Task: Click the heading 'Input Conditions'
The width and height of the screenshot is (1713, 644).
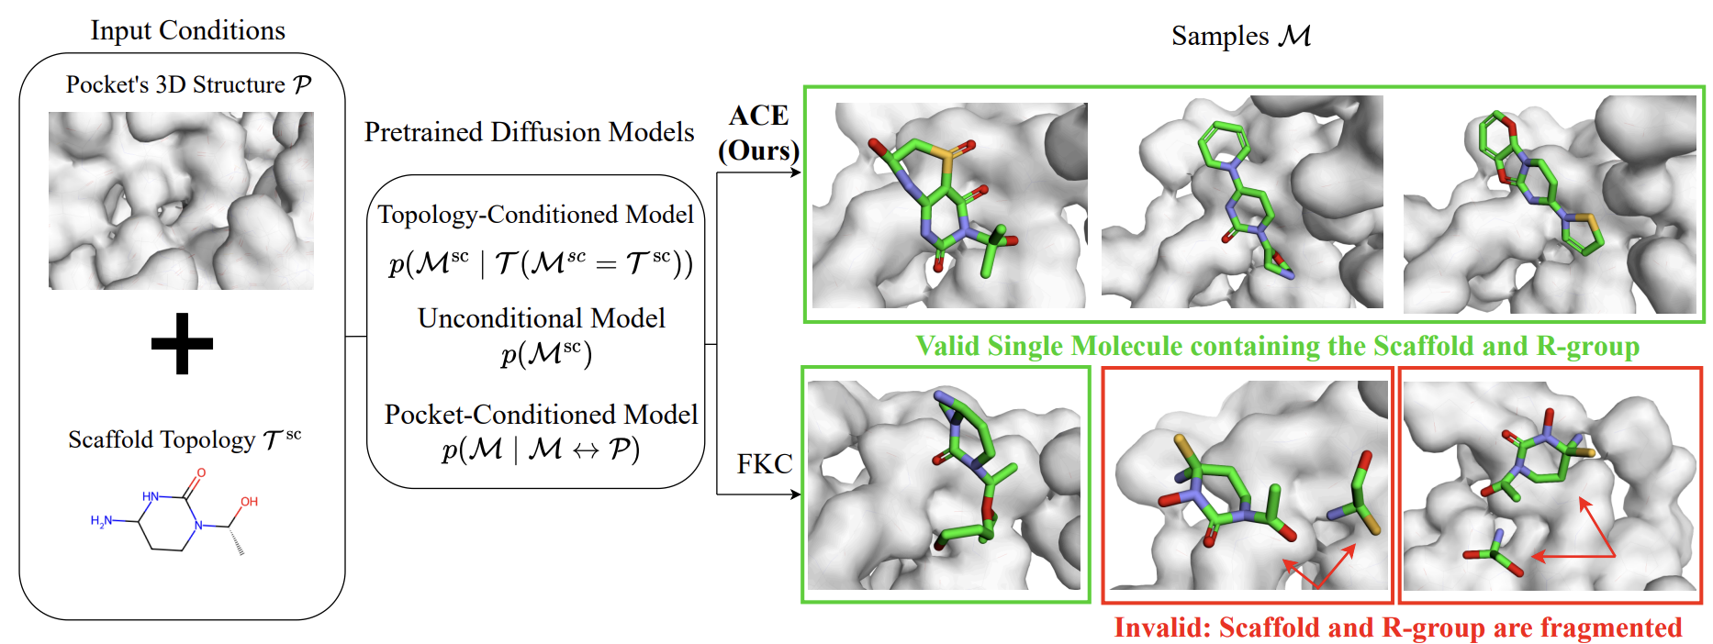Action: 187,30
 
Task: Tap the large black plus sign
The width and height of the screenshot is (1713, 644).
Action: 182,344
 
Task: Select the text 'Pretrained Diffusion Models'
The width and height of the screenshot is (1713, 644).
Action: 529,132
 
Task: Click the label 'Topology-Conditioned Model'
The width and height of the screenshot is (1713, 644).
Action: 535,215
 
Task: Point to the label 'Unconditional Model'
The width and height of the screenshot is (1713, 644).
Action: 541,318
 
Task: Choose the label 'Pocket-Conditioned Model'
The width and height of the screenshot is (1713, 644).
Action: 541,415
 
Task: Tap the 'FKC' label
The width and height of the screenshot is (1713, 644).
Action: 764,464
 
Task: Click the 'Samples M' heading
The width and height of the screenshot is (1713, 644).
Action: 1240,36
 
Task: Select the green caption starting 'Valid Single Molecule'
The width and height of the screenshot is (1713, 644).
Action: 1277,346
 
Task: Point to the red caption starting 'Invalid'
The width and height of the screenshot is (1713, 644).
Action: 1397,627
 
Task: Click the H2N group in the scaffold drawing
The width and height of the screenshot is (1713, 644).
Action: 102,521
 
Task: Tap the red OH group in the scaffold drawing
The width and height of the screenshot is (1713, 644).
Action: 249,502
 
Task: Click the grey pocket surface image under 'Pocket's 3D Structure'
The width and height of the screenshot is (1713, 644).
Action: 181,200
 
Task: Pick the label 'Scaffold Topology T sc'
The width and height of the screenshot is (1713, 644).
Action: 185,439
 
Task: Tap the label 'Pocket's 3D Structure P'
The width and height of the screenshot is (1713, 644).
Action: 188,85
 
